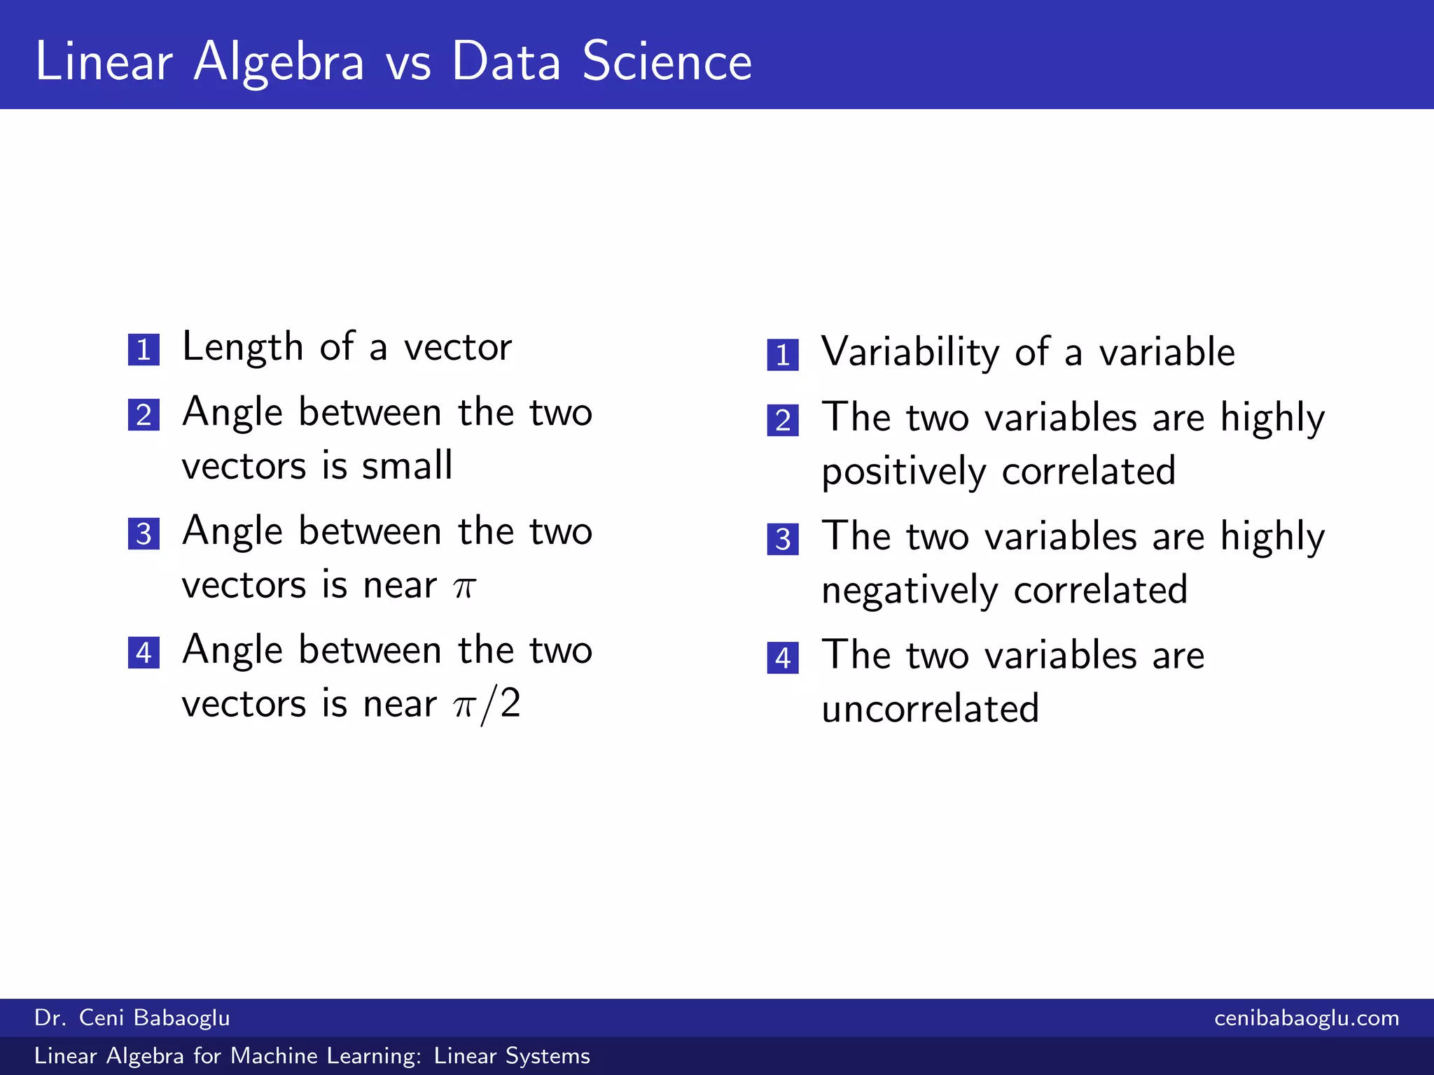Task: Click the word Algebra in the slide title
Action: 279,63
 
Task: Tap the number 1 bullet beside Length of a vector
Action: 144,349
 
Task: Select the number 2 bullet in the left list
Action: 144,415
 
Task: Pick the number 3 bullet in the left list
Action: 144,534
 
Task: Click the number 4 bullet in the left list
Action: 144,653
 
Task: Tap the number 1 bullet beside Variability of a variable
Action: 783,355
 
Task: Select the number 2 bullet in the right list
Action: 783,420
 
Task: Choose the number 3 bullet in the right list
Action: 783,539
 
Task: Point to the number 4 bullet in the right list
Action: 783,658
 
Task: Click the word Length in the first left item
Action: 242,348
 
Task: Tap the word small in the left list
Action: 407,465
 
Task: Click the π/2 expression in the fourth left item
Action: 487,704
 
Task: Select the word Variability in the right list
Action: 910,352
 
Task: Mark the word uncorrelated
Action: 930,709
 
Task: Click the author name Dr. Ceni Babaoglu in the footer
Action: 132,1018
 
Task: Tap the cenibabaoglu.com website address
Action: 1307,1018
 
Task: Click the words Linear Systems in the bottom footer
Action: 512,1055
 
